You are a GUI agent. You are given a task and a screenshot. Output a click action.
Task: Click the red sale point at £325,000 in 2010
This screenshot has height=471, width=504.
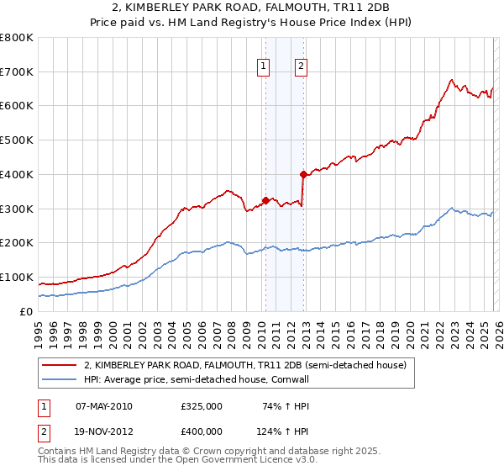265,200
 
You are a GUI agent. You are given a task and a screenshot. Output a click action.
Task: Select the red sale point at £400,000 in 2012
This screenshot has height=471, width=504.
303,174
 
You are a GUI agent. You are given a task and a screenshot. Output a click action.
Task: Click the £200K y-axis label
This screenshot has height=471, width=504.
18,242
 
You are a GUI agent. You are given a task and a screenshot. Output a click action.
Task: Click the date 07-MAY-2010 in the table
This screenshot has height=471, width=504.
103,406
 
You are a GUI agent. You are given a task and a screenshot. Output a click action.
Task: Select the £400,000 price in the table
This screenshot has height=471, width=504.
201,431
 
